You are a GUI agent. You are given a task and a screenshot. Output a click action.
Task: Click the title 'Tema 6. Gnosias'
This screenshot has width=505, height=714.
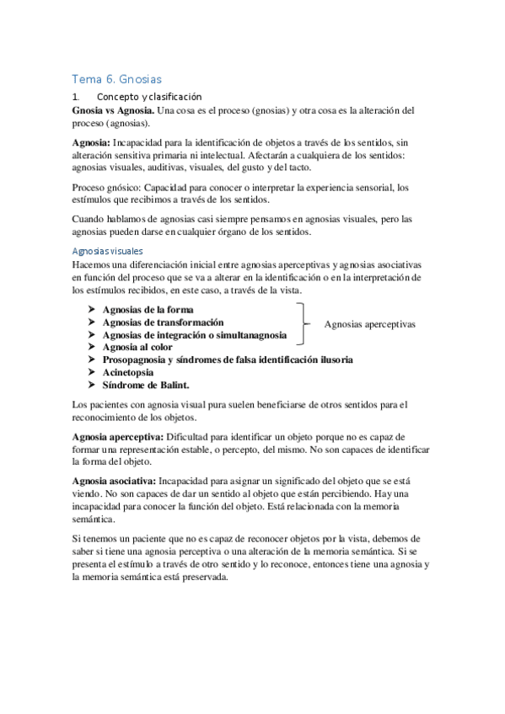point(116,78)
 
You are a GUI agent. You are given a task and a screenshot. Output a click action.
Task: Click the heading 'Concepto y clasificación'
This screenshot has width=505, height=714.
point(149,98)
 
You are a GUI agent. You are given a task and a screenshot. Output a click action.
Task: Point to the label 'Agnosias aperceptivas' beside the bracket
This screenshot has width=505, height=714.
point(369,323)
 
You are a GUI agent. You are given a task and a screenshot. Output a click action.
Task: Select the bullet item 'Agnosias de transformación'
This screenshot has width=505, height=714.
point(163,322)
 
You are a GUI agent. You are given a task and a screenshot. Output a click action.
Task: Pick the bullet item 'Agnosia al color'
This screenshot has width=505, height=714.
point(137,347)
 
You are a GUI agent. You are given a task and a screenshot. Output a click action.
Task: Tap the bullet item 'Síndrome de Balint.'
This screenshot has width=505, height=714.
point(146,385)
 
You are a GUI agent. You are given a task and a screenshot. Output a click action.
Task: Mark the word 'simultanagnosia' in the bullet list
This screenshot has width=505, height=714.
point(249,335)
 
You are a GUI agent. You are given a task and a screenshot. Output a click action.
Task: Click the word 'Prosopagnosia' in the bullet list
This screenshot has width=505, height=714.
point(139,360)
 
